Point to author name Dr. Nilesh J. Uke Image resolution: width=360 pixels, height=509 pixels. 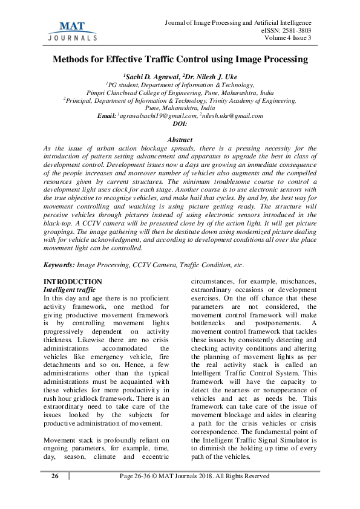(x=209, y=77)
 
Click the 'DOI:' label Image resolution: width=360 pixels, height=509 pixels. (x=180, y=123)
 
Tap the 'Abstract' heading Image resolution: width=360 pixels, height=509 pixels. (x=180, y=140)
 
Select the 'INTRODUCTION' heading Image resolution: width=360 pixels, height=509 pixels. (x=74, y=282)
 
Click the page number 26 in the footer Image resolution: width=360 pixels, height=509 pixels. (x=55, y=476)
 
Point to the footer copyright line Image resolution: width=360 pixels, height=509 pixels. (x=194, y=476)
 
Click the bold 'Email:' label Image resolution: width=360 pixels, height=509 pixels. (x=107, y=115)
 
